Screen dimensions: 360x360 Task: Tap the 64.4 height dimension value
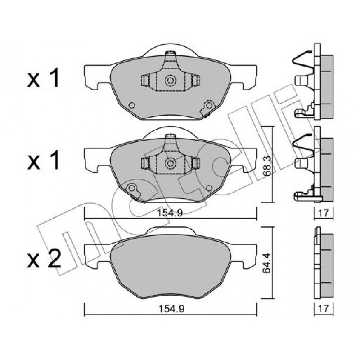point(267,263)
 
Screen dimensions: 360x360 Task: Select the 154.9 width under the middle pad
point(170,213)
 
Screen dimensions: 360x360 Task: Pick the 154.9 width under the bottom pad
point(171,309)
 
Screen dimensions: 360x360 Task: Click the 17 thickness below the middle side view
point(324,213)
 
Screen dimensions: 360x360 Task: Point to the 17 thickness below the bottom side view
point(324,309)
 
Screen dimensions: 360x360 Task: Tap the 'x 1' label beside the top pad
point(44,78)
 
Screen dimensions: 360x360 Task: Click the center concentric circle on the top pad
point(170,80)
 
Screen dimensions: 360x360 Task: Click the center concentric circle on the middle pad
point(170,163)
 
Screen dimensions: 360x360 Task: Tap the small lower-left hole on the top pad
point(132,105)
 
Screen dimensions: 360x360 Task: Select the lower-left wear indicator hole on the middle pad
point(132,188)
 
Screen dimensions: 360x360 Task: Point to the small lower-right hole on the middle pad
point(209,188)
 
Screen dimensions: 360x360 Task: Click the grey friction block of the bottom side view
point(327,266)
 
